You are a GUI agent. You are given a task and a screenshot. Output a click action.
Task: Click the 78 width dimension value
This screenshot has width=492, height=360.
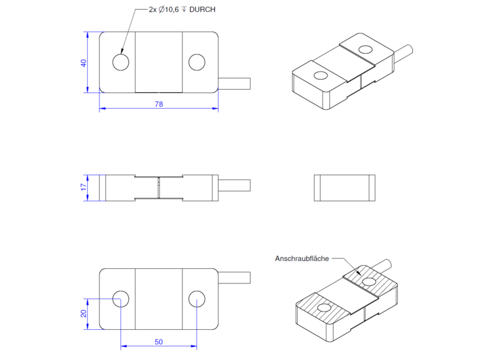click(x=158, y=104)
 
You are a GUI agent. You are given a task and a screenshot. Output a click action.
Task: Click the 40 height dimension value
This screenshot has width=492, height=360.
click(x=84, y=63)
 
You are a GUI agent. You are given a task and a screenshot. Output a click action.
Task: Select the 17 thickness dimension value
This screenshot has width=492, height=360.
click(x=84, y=187)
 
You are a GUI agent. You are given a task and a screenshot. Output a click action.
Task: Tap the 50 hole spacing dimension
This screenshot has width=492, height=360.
click(x=158, y=342)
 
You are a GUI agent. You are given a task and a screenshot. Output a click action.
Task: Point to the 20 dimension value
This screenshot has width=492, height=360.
click(x=84, y=314)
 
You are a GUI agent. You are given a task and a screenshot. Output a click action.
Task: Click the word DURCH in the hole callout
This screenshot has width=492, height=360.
click(x=202, y=10)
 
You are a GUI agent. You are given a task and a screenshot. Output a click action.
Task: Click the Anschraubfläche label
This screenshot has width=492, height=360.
click(x=302, y=259)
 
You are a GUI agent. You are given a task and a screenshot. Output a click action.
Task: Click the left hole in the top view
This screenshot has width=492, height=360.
click(x=120, y=62)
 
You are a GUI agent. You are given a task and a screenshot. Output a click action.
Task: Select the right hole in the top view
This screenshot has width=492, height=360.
click(x=196, y=62)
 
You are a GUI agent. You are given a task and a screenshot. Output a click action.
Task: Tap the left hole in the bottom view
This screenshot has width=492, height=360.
click(x=120, y=299)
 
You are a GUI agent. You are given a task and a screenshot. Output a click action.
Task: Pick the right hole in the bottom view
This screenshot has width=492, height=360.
click(x=196, y=299)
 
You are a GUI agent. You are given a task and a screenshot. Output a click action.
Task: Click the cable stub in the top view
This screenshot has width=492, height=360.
click(x=234, y=84)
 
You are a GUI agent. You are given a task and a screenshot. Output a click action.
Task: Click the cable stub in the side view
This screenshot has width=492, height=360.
click(x=234, y=185)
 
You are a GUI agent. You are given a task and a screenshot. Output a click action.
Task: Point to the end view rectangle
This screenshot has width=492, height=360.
click(x=344, y=188)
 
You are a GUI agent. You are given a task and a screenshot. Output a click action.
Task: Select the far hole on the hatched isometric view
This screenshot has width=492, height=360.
click(x=370, y=281)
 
